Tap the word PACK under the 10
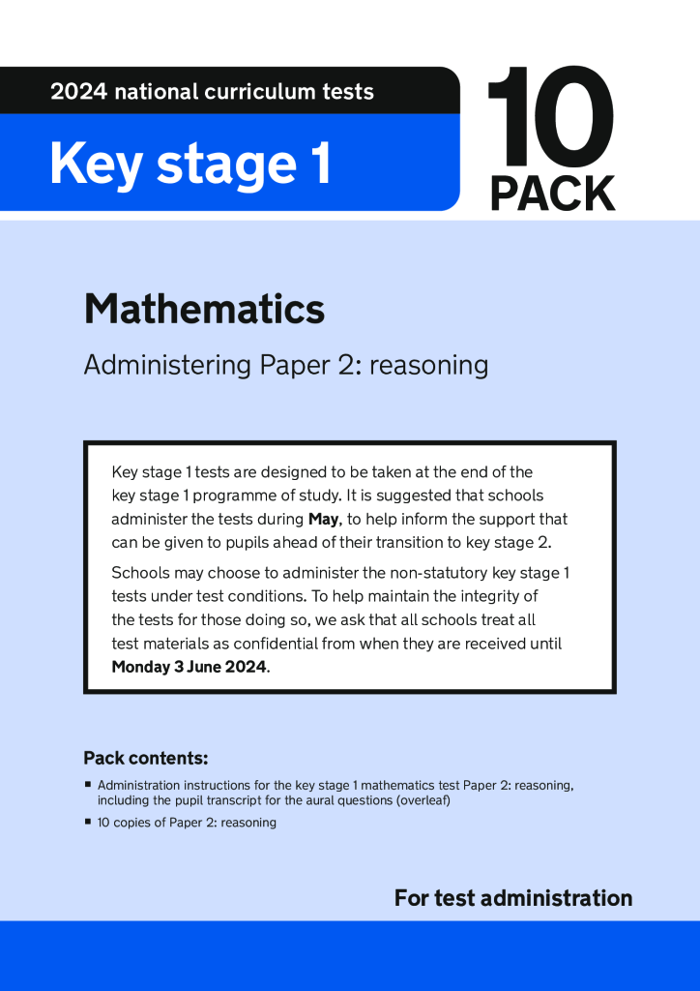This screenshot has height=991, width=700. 552,194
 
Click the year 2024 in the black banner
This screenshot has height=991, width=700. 78,93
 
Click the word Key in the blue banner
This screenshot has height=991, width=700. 96,164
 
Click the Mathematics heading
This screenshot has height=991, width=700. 204,310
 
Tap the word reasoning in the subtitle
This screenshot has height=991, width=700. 428,366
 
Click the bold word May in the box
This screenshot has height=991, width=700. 323,520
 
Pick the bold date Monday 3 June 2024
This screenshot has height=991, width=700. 189,667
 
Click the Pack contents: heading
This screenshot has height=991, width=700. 146,758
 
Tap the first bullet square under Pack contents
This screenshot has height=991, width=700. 88,785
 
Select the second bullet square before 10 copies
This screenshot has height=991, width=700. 88,822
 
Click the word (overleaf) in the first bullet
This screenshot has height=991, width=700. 418,801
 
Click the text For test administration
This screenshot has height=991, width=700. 512,898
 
